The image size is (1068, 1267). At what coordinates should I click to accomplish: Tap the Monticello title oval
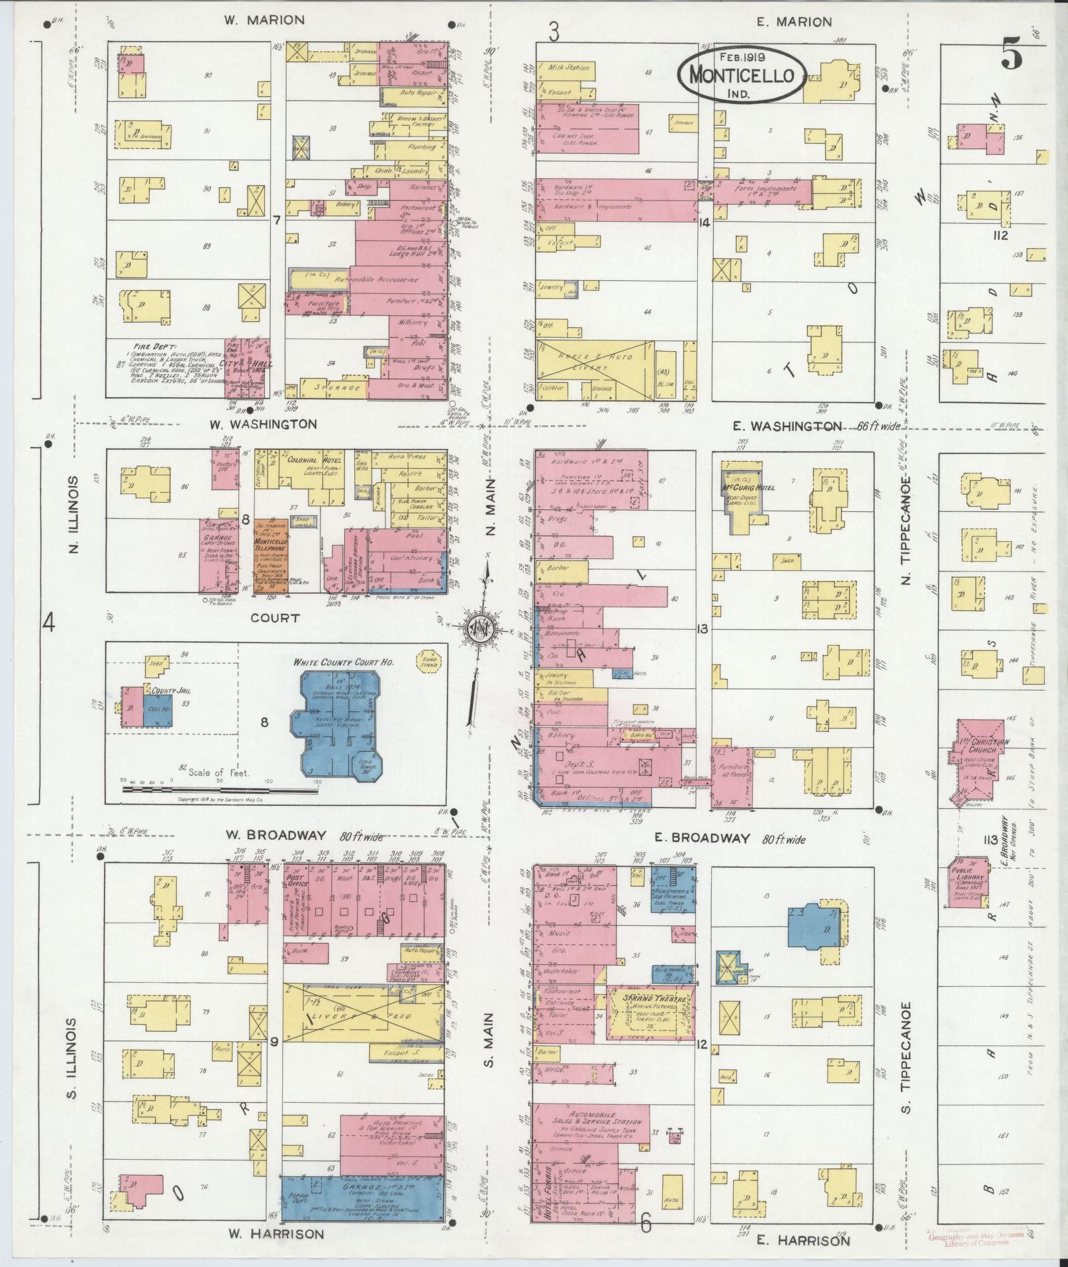(x=741, y=74)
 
